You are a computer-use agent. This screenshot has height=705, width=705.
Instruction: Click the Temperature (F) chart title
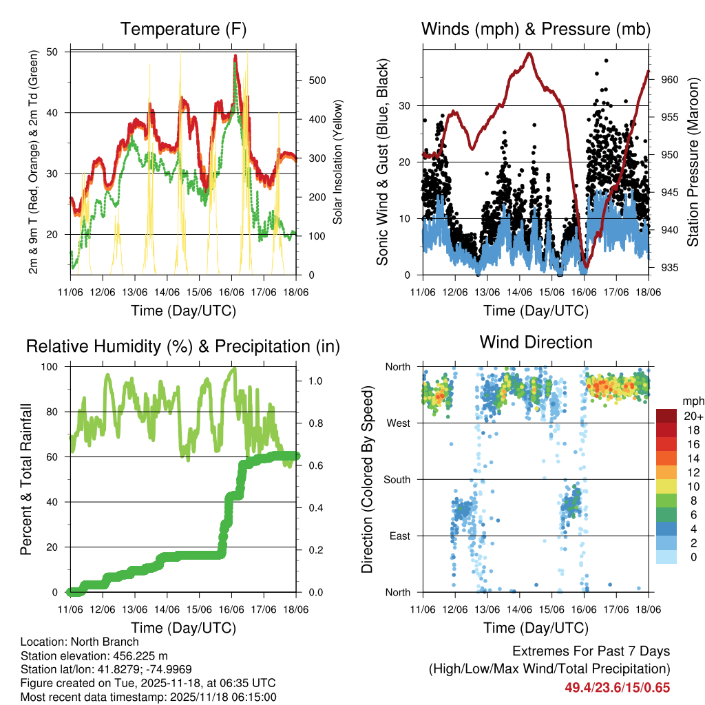coord(183,29)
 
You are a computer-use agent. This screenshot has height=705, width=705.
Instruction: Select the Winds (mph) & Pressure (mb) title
coord(536,29)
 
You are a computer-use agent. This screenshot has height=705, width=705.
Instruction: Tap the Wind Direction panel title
coord(536,341)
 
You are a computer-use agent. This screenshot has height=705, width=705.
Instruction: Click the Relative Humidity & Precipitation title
coord(183,346)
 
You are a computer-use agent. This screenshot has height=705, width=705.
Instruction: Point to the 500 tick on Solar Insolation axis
coord(317,81)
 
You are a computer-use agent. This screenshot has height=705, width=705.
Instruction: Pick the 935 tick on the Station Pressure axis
coord(669,268)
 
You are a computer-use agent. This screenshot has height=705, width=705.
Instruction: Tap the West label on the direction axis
coord(397,423)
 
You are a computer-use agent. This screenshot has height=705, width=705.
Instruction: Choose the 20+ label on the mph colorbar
coord(693,417)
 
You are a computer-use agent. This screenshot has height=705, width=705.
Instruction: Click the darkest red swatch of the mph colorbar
coord(666,417)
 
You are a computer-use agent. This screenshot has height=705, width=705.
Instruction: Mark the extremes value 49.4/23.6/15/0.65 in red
coord(617,687)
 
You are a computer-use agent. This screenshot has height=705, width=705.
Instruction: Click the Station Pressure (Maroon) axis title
coord(693,162)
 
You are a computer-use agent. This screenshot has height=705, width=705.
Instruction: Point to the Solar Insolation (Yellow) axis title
coord(338,162)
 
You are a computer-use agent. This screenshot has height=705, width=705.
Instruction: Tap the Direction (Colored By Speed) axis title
coord(367,479)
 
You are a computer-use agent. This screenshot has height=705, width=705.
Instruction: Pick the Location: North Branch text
coord(79,642)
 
